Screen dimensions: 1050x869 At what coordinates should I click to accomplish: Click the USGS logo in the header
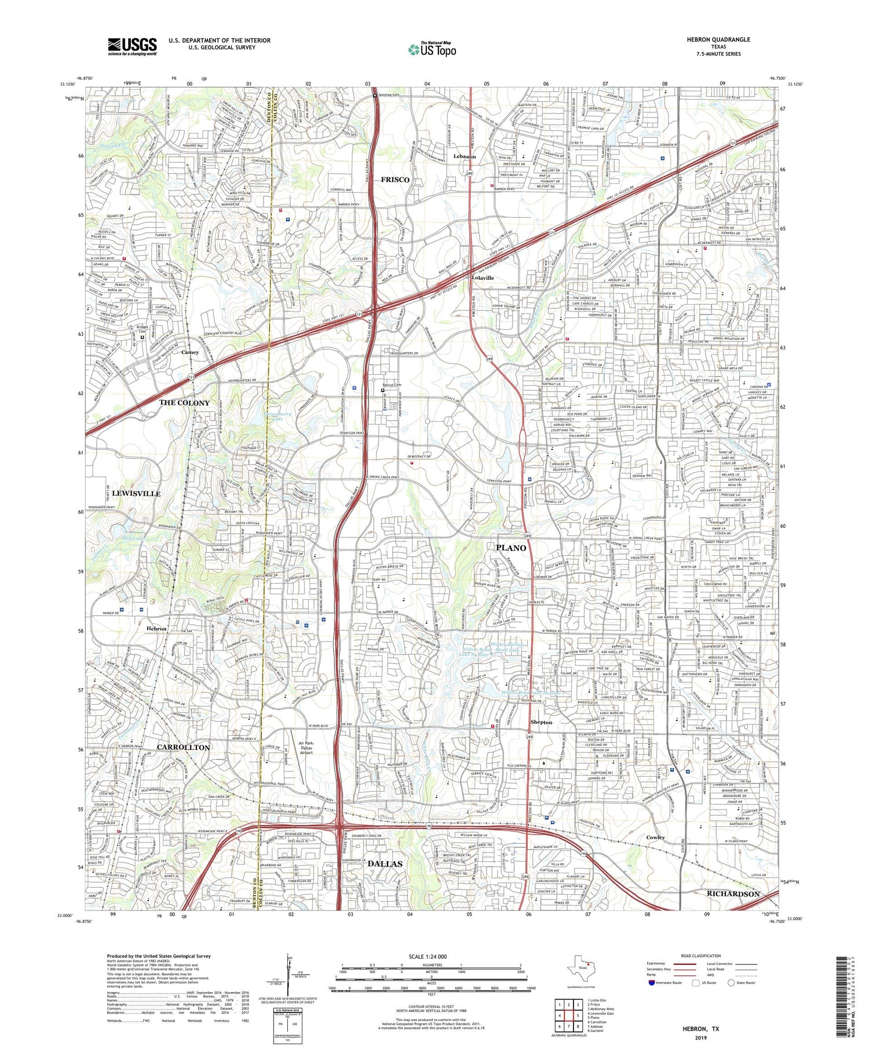point(132,46)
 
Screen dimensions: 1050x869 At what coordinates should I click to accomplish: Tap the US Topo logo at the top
point(432,49)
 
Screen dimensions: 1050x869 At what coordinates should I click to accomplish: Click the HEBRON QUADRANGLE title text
point(718,39)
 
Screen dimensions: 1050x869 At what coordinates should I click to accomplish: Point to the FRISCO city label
point(395,180)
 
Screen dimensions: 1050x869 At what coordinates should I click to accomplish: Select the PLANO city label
point(511,548)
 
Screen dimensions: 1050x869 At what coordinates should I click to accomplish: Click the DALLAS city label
point(385,864)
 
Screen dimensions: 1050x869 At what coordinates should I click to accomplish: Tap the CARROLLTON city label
point(183,748)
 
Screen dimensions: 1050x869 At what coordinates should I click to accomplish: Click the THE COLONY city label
point(185,403)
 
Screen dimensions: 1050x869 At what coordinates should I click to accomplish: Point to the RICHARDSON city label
point(733,894)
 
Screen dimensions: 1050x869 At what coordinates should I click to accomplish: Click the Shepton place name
point(541,722)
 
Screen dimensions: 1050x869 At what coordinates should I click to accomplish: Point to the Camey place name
point(189,352)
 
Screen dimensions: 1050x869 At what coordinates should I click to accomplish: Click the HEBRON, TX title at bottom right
point(701,1029)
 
